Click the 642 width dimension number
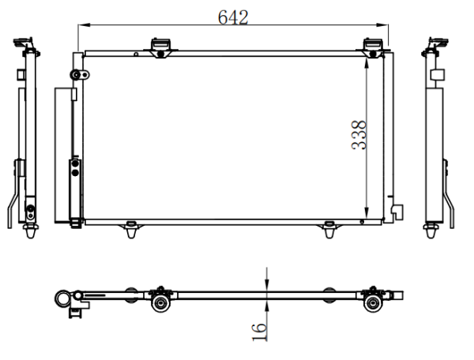[233, 17]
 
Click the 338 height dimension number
[359, 135]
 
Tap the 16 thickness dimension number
[259, 332]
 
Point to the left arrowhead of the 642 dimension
[85, 24]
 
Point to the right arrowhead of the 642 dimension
[382, 24]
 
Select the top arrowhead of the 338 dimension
[367, 65]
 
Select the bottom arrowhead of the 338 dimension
[367, 212]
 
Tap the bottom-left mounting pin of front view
[130, 230]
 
